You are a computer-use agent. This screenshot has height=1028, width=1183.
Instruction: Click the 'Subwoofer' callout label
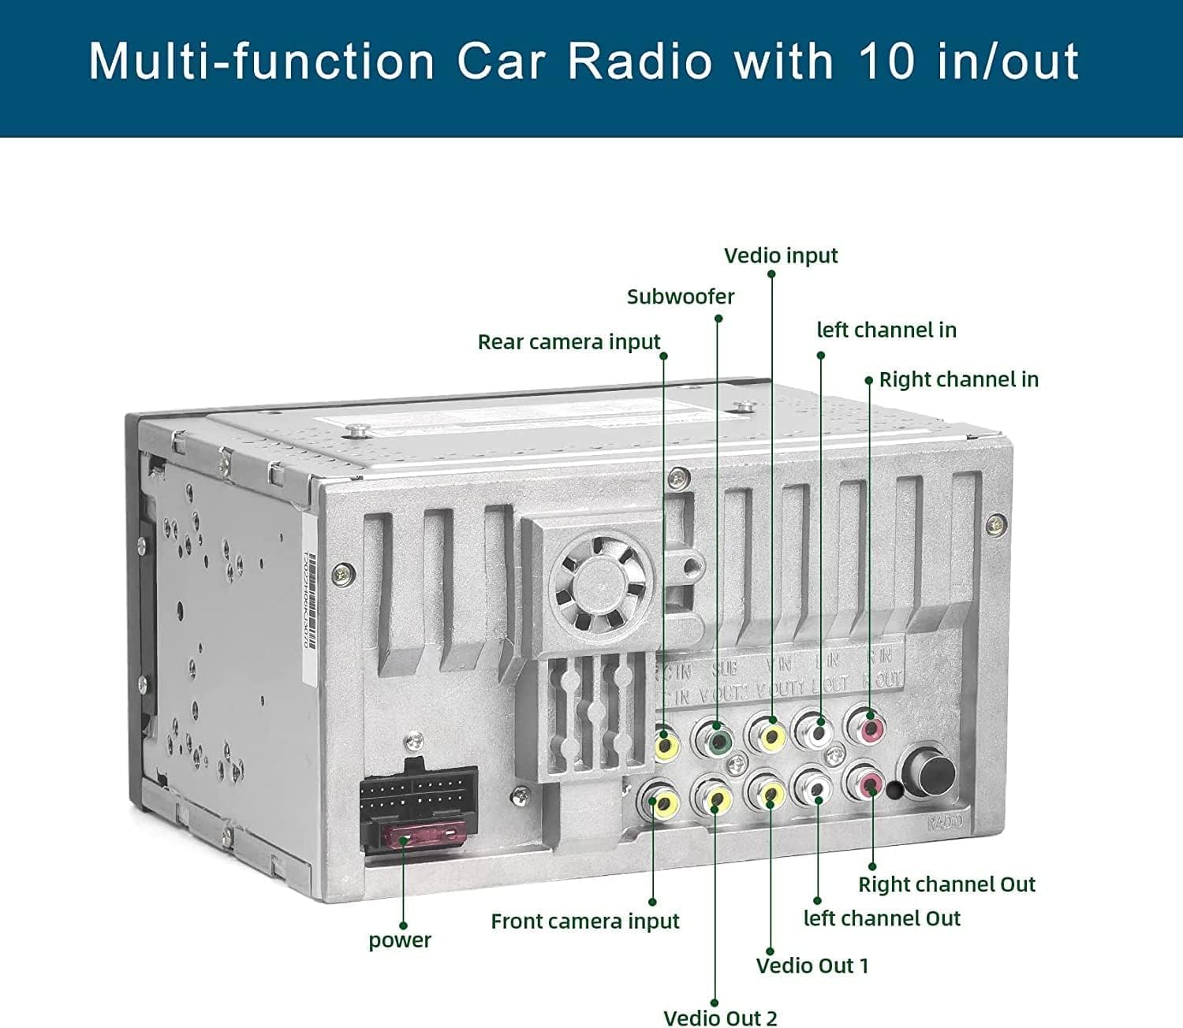(680, 296)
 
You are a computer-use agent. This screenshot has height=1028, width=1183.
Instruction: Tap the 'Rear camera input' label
(569, 342)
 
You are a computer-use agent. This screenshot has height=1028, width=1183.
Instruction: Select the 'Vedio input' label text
(781, 255)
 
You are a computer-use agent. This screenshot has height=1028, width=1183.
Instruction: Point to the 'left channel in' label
(886, 330)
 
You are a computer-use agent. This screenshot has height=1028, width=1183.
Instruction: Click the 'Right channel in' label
(958, 379)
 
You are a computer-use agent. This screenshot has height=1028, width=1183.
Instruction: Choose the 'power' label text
(400, 940)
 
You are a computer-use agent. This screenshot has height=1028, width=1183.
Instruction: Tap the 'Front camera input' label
(584, 921)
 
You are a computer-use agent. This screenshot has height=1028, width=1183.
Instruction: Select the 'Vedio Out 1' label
(812, 966)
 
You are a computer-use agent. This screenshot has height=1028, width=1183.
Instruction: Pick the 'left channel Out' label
(882, 918)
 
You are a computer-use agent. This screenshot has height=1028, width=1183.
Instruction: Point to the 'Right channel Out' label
(946, 885)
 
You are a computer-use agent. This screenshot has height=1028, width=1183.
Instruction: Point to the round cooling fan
(601, 584)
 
